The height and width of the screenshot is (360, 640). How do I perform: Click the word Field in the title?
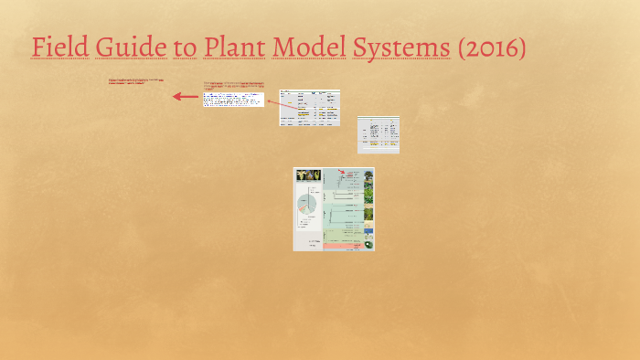coord(58,47)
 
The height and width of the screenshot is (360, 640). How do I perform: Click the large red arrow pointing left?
coord(186,96)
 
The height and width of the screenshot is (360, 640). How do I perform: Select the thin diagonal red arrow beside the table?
coord(272,103)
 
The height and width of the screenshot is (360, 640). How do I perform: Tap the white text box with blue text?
coord(233,99)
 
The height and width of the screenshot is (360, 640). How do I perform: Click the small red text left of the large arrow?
coord(136,81)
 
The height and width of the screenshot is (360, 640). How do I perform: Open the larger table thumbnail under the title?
coord(309,107)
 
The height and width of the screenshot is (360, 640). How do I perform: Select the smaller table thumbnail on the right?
coord(378,134)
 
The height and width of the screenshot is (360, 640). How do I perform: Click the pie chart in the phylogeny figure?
coord(308,206)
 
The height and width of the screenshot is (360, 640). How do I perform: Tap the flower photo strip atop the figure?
coord(307,174)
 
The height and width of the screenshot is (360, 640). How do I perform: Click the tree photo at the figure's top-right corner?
coord(368,175)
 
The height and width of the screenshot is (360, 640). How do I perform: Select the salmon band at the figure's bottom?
coord(334,245)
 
